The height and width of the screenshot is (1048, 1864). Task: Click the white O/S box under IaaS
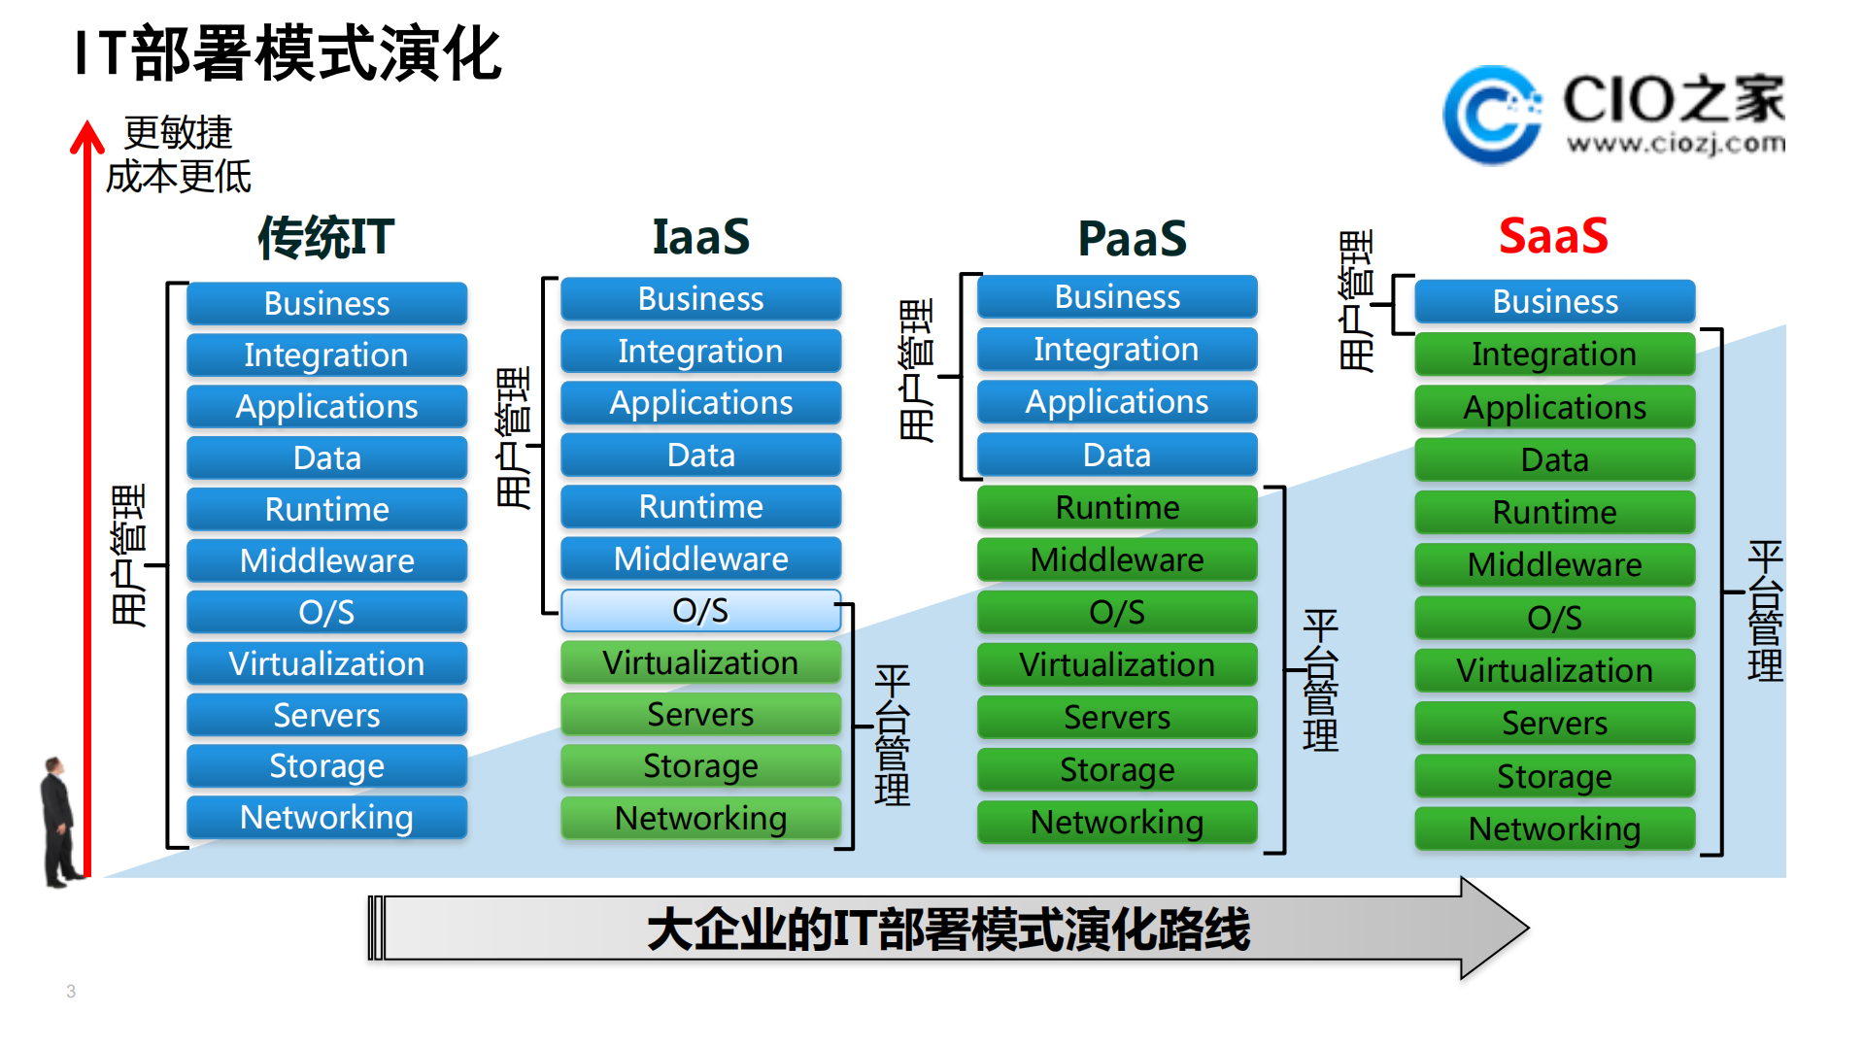click(700, 611)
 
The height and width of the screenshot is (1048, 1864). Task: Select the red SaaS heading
click(1552, 236)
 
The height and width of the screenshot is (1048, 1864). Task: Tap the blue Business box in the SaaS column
click(1554, 301)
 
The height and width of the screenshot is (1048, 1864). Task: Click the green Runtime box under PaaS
click(1117, 507)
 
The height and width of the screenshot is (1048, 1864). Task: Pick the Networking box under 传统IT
click(326, 818)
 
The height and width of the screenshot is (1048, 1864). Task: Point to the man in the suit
click(59, 821)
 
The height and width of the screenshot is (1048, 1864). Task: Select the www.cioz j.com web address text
click(1676, 144)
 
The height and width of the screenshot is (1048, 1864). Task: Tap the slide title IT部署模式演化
click(288, 53)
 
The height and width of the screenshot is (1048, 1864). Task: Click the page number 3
click(71, 991)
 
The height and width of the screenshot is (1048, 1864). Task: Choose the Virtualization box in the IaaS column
click(700, 662)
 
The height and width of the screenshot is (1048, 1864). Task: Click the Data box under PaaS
click(1117, 455)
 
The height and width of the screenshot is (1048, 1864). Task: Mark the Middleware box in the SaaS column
click(1554, 564)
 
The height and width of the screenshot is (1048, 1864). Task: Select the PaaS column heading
click(1132, 238)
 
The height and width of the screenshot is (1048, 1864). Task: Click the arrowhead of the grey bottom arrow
click(1493, 928)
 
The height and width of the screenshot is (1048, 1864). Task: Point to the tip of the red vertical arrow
click(87, 126)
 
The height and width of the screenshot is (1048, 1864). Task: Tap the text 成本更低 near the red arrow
click(178, 177)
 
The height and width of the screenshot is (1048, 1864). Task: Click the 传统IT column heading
click(326, 237)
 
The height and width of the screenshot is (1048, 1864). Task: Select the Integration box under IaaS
click(700, 351)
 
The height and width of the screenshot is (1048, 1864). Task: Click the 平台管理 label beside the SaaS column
click(1764, 612)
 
